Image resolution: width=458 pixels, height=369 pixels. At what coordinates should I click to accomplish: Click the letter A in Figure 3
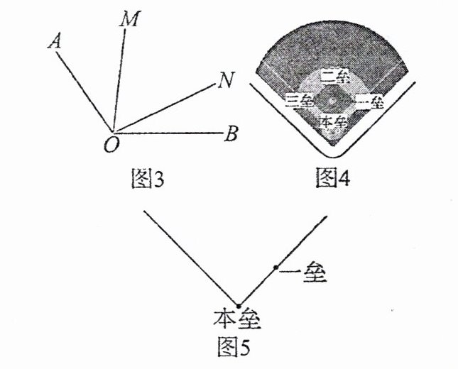(x=54, y=43)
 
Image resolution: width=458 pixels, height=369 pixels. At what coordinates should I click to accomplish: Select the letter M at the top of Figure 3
(x=130, y=20)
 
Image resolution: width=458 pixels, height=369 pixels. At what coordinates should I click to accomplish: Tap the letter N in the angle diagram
(x=227, y=82)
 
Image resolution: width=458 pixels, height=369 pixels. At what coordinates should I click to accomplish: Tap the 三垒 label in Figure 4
(x=299, y=101)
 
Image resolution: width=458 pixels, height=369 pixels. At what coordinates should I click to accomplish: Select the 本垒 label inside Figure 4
(x=333, y=121)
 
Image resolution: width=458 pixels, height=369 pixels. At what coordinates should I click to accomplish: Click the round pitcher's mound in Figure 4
(x=333, y=99)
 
